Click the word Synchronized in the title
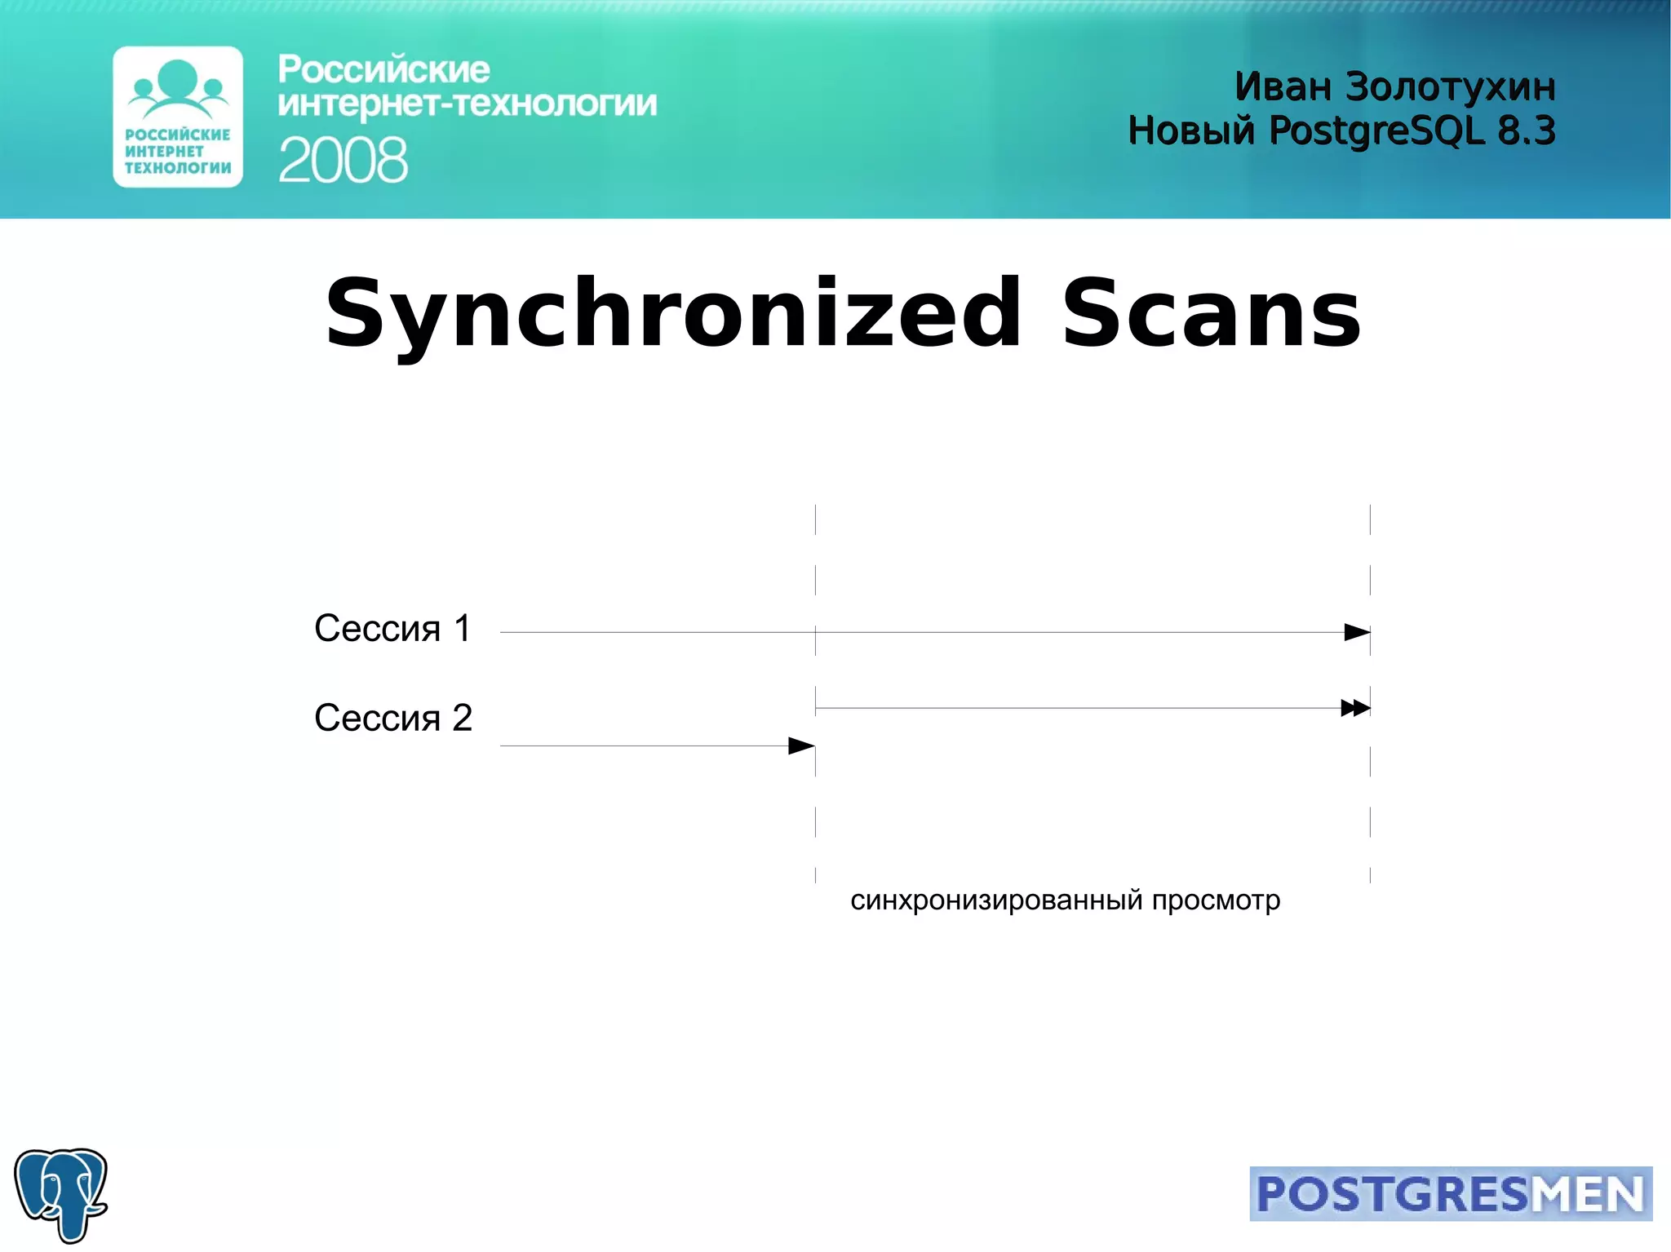[673, 314]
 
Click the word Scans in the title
[1211, 314]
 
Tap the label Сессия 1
[392, 629]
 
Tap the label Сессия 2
[392, 719]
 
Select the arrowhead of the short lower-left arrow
[801, 745]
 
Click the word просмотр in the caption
[1216, 900]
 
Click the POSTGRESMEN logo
[1450, 1193]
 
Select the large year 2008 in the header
[343, 161]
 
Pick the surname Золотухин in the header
[1450, 86]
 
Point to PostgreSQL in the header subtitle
[1376, 131]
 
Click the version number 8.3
[1527, 131]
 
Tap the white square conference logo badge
[178, 117]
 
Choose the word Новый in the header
[1191, 131]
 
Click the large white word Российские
[383, 70]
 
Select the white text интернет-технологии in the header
[467, 104]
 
